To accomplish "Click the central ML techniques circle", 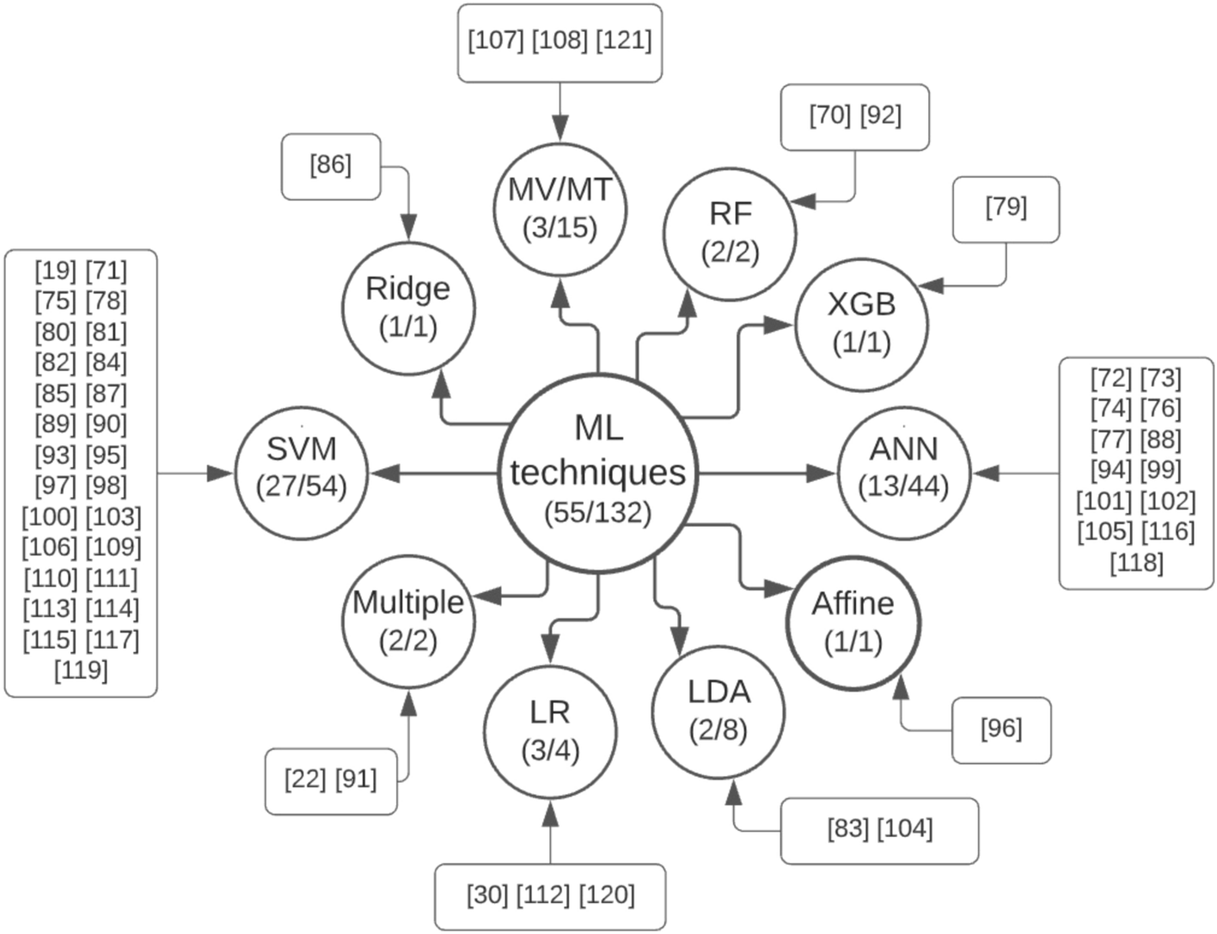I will tap(597, 472).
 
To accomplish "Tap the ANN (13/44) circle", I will tap(903, 472).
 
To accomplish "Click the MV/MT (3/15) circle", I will tap(560, 210).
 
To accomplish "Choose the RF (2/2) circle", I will tap(730, 232).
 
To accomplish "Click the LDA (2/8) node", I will tap(719, 711).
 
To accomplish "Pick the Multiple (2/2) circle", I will tap(408, 621).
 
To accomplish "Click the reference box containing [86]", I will tap(331, 166).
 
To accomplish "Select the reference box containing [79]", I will tap(1006, 209).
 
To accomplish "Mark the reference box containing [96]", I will tap(1001, 729).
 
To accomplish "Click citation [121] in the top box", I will tap(623, 41).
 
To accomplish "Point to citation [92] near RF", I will tap(881, 116).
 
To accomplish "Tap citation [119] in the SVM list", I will tap(81, 670).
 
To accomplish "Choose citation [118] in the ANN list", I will tap(1136, 563).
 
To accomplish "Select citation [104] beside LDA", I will tap(904, 830).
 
